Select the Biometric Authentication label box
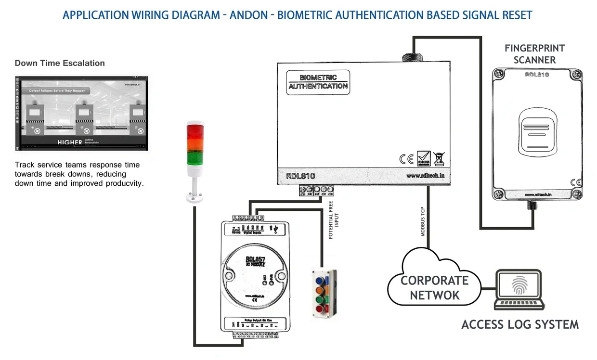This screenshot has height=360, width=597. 318,82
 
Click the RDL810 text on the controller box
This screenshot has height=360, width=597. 300,176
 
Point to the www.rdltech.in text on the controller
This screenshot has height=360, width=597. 425,176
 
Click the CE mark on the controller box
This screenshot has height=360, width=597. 406,159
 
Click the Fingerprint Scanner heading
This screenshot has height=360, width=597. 534,54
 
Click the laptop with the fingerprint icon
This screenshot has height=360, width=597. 519,289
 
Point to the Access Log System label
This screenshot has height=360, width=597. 520,324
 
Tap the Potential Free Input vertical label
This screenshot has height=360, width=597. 334,220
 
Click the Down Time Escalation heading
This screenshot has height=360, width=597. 60,63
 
